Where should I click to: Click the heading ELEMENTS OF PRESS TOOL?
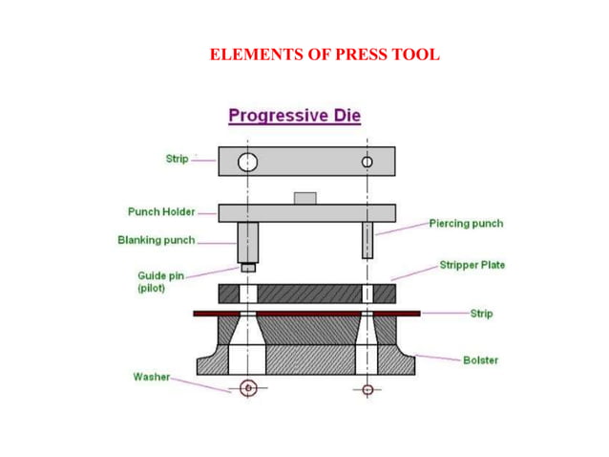point(325,54)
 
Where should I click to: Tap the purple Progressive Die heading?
point(294,117)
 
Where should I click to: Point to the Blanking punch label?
point(156,240)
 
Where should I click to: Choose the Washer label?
point(151,377)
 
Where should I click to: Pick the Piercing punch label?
point(466,223)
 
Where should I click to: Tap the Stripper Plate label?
point(472,264)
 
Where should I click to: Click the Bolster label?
point(480,359)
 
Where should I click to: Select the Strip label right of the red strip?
point(480,313)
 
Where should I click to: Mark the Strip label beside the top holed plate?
point(177,159)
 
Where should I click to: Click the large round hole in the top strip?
point(247,161)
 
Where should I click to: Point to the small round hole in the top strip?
point(367,162)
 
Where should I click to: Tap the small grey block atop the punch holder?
point(304,198)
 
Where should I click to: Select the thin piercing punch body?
point(367,240)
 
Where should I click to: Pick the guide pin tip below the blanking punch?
point(248,268)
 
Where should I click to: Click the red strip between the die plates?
point(305,313)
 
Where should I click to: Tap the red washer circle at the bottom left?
point(248,388)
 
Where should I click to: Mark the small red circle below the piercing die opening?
point(367,389)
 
